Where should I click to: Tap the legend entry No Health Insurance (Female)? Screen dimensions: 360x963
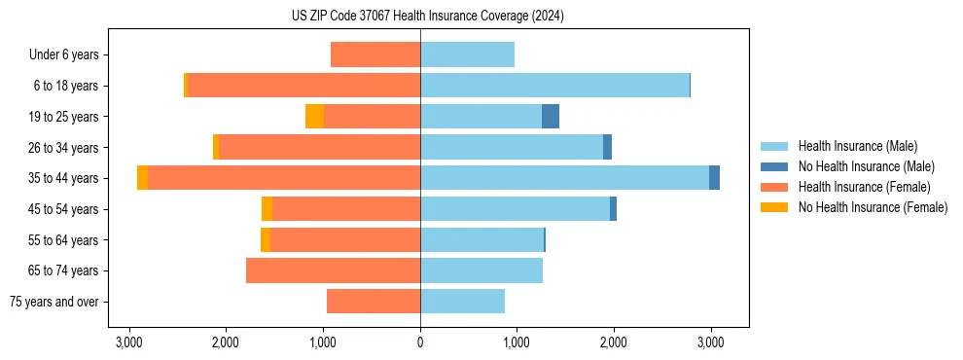pos(873,207)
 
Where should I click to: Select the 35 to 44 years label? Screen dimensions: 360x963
pos(64,178)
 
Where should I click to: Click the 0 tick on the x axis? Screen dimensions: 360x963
pos(420,342)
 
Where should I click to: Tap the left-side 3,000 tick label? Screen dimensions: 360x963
pos(129,342)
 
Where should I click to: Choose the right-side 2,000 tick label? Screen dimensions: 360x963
pos(614,342)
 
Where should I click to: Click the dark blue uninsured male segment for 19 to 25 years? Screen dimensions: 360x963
pos(551,117)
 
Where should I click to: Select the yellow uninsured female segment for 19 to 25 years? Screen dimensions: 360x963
pos(314,117)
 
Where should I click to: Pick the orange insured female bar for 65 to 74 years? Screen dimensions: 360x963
pos(333,270)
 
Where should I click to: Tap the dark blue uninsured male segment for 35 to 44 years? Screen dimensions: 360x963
pos(714,178)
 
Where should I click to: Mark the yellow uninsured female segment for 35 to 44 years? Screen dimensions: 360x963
pos(143,178)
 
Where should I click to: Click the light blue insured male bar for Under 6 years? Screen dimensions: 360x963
pos(467,55)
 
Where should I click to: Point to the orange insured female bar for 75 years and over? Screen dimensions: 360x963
pos(374,302)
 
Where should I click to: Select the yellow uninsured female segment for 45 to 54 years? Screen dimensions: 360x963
pos(267,209)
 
